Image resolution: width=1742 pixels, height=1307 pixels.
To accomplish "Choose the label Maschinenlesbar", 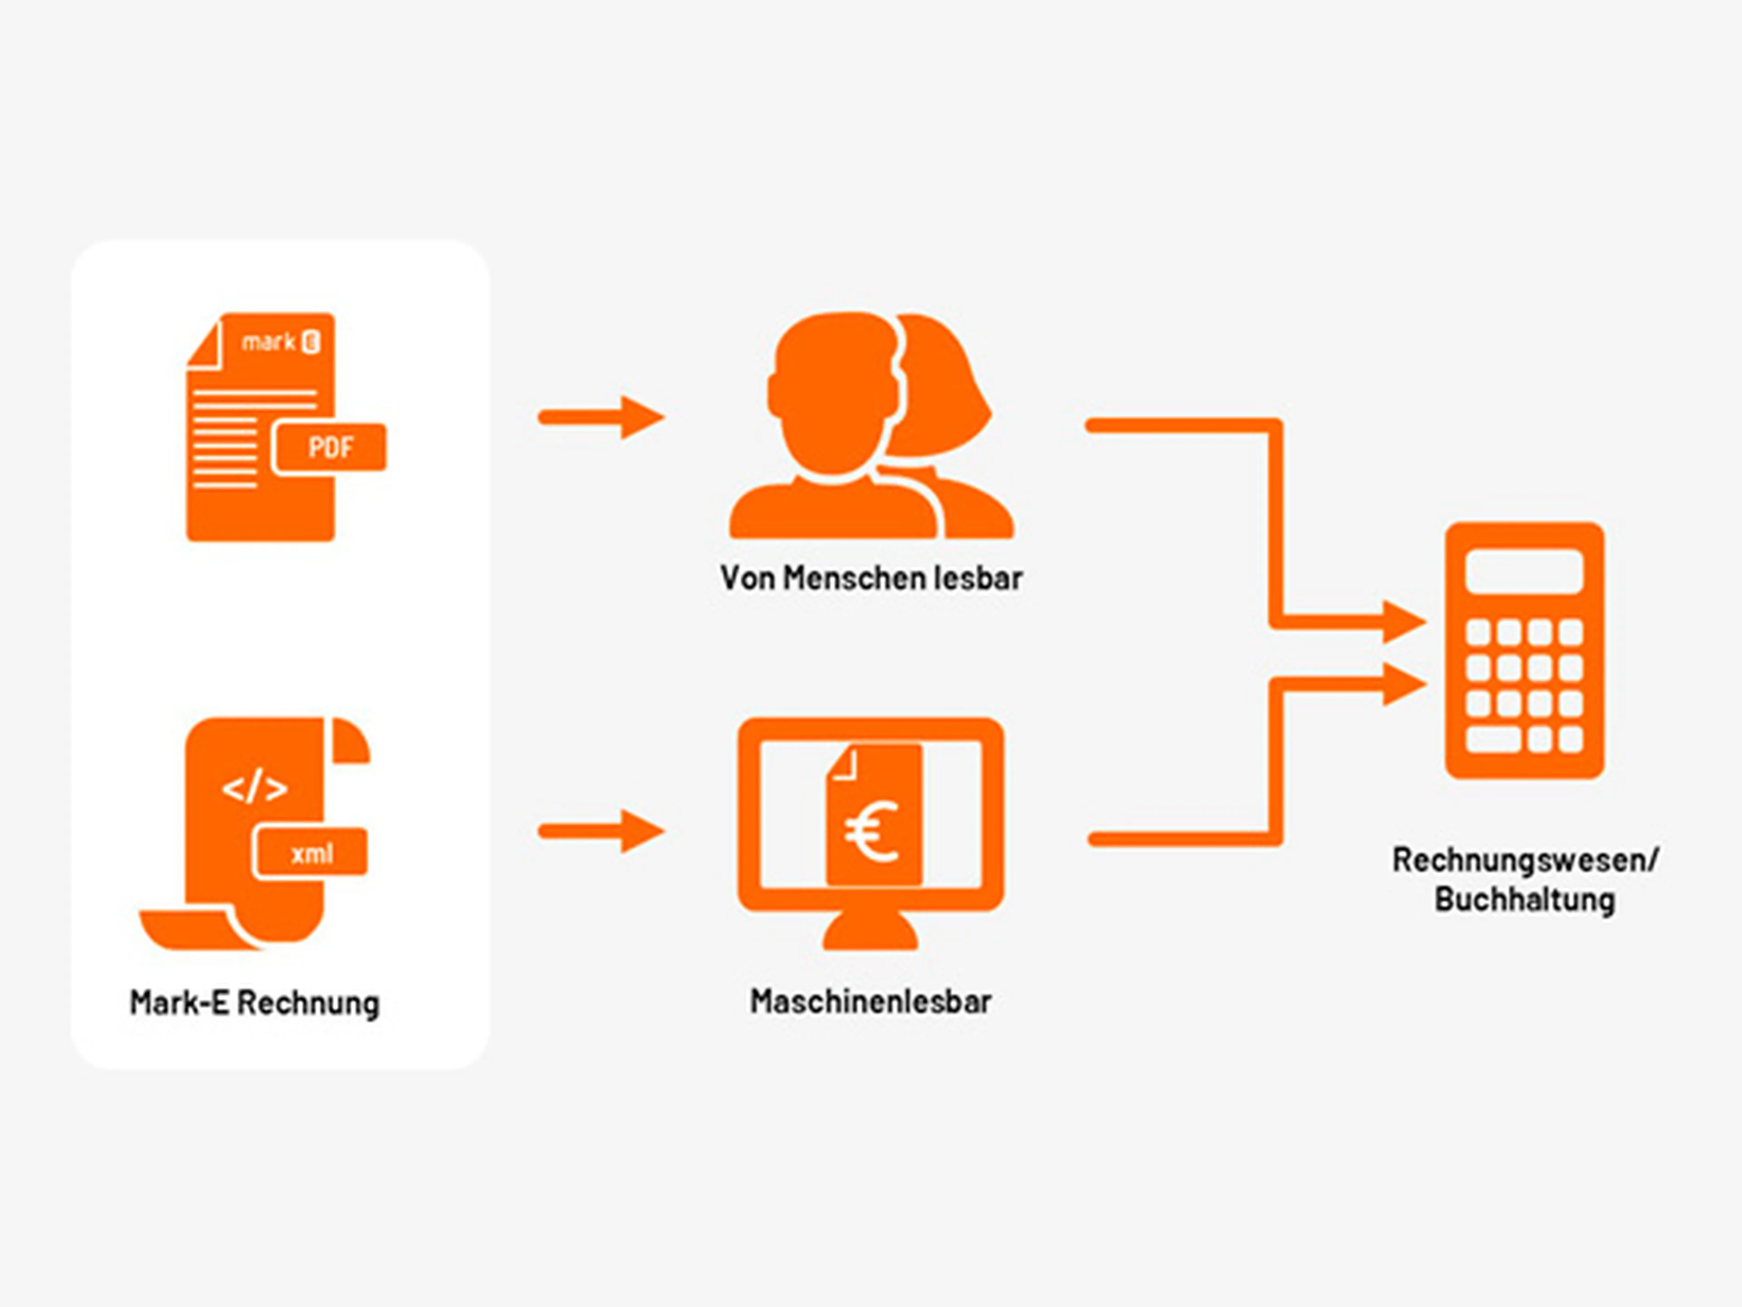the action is coord(870,1001).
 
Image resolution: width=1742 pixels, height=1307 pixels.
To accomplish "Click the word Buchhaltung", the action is coord(1525,899).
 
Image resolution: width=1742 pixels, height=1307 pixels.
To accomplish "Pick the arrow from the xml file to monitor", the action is coord(602,831).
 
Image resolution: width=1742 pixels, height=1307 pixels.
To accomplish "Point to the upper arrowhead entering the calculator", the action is coord(1404,622).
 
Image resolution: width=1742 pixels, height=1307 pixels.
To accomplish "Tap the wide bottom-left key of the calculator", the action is coord(1493,739).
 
